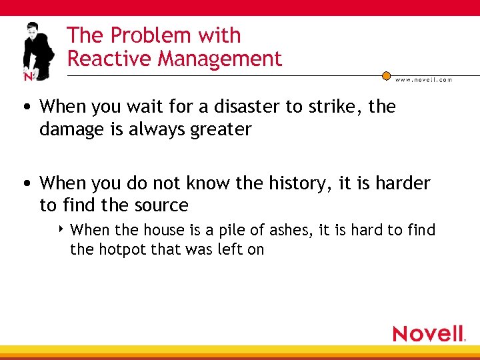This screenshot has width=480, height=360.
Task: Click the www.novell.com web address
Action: click(423, 79)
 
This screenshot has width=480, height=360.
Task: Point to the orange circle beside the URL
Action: click(386, 76)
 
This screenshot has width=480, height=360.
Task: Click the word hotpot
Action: click(120, 250)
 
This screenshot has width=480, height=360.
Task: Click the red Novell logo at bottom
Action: click(429, 333)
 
